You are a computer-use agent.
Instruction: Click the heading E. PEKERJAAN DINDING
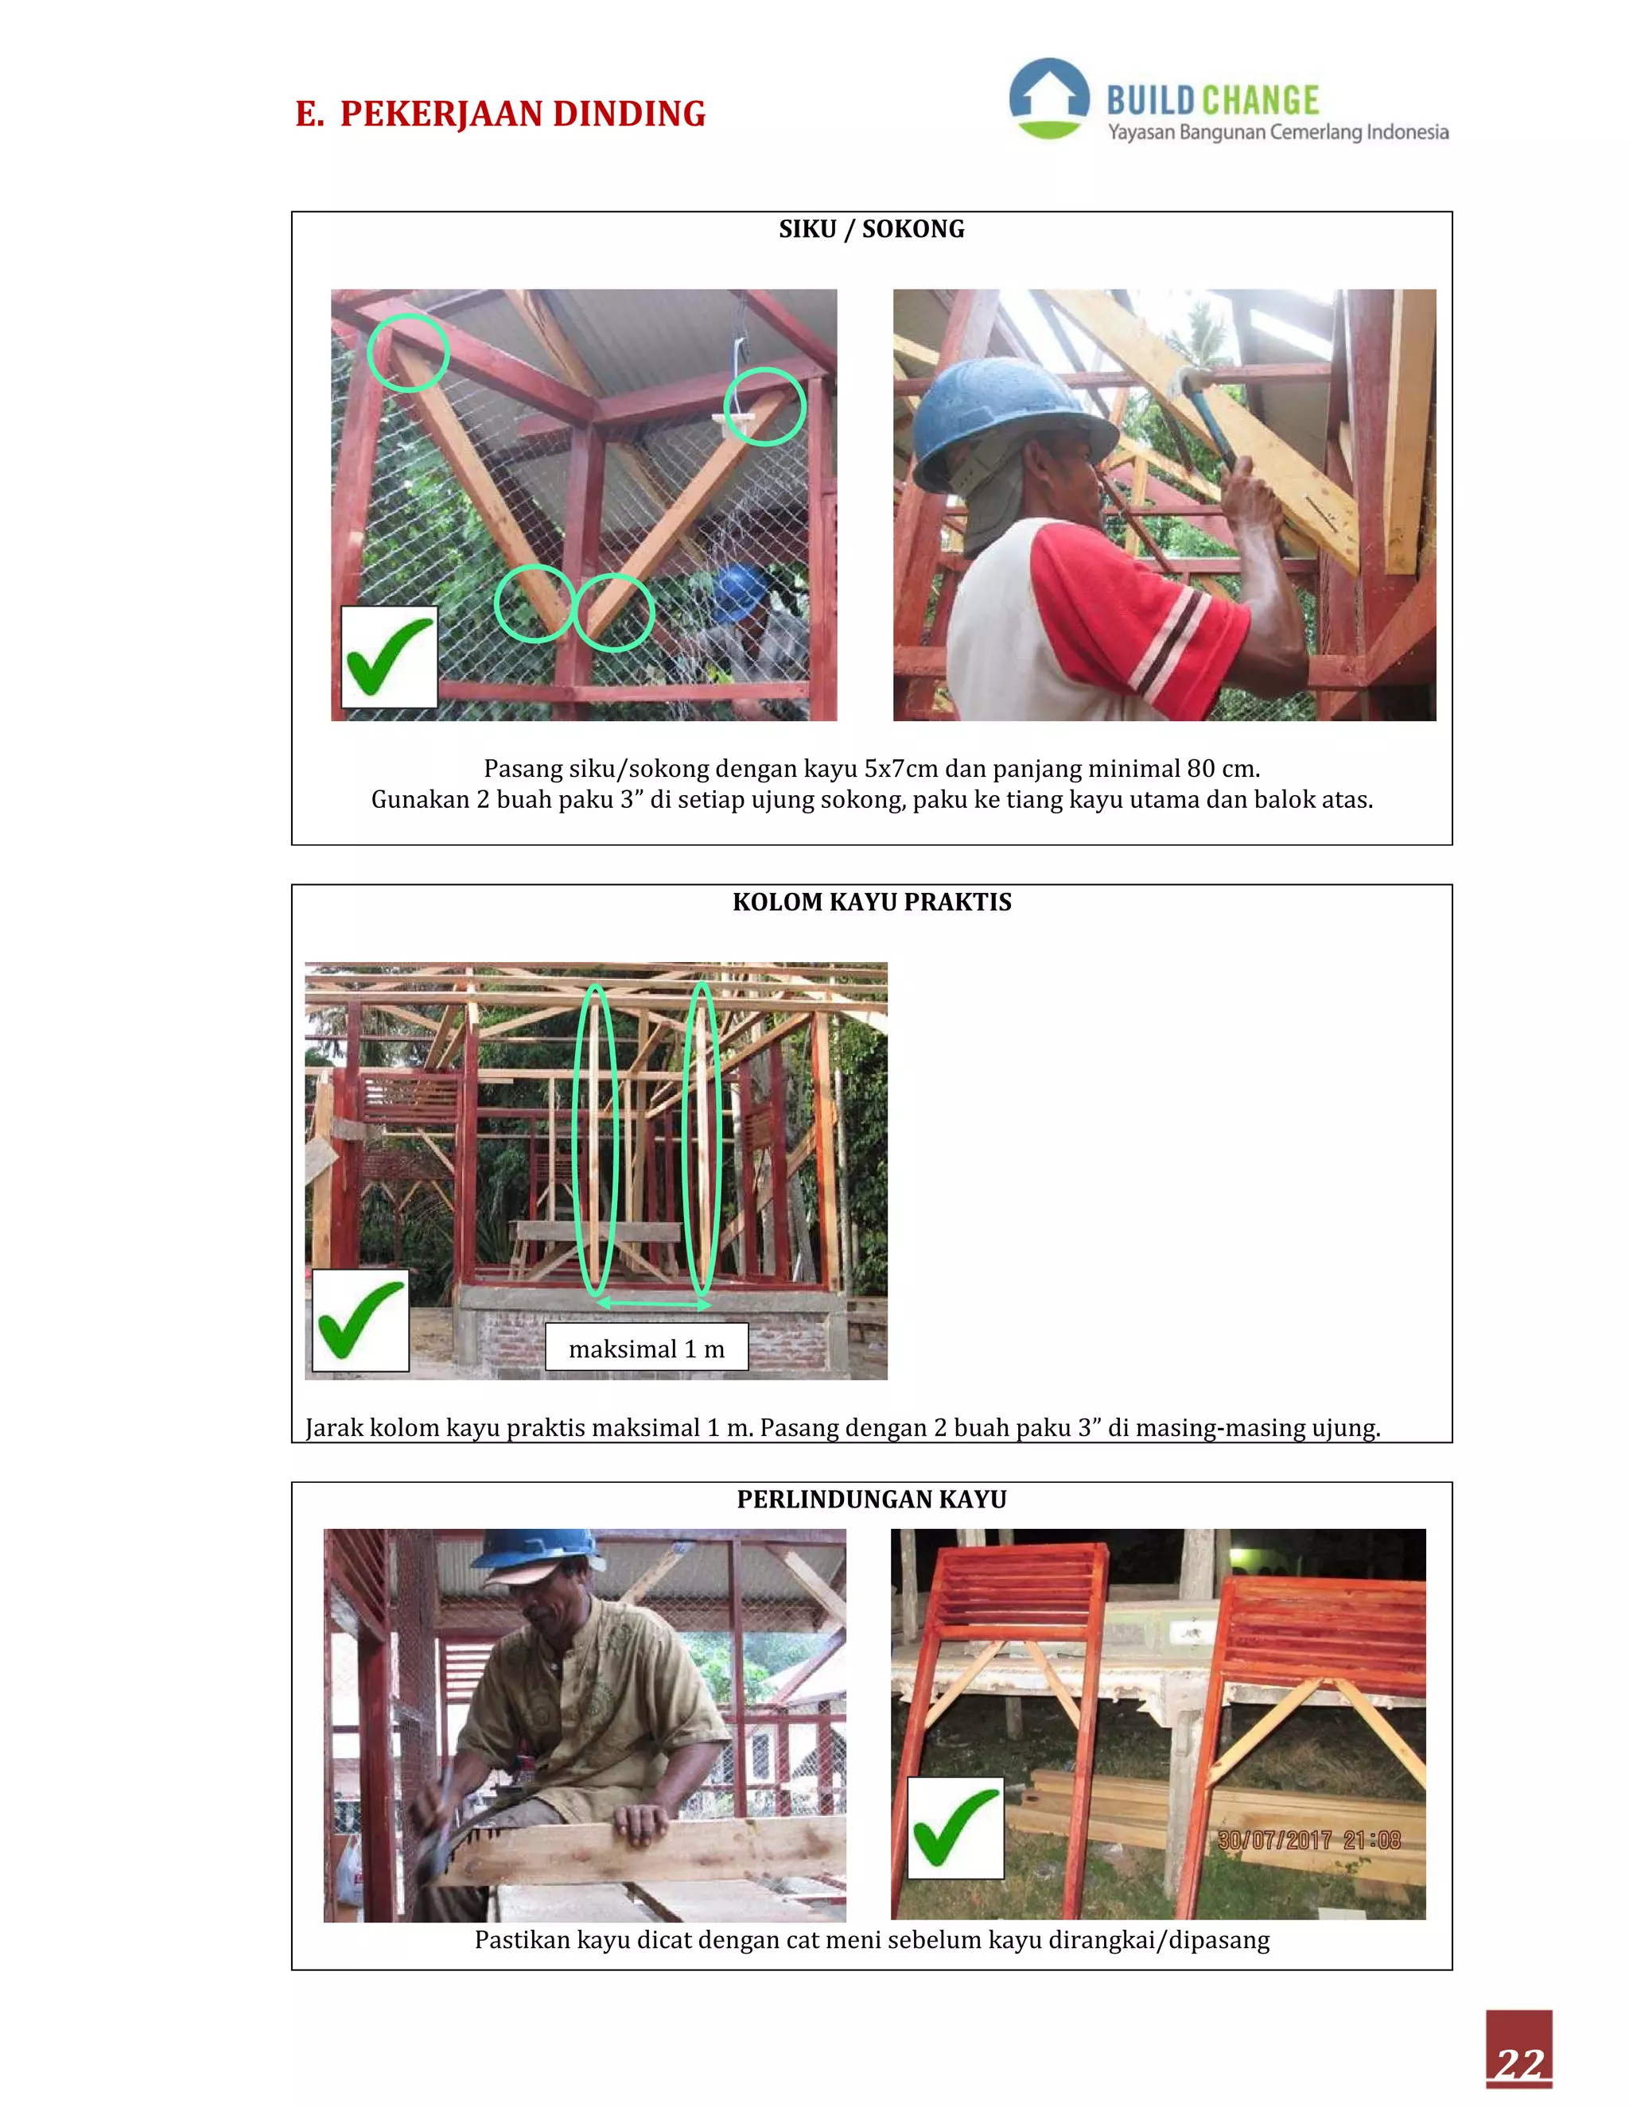click(x=500, y=114)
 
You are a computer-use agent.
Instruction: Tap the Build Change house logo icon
click(x=1049, y=99)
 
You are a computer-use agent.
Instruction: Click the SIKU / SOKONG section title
click(x=872, y=230)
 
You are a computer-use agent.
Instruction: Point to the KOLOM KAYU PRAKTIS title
click(x=872, y=902)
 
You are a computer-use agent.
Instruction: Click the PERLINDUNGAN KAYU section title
click(x=872, y=1500)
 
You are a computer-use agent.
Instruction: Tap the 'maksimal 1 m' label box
click(x=646, y=1348)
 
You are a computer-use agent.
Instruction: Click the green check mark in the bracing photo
click(x=388, y=657)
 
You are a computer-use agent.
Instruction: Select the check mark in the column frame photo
click(x=360, y=1320)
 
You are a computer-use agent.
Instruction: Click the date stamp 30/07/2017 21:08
click(x=1308, y=1840)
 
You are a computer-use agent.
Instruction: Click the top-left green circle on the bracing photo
click(x=408, y=352)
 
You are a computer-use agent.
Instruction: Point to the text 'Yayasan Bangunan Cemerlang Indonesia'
click(x=1277, y=132)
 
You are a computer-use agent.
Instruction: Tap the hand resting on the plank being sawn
click(x=641, y=1822)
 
